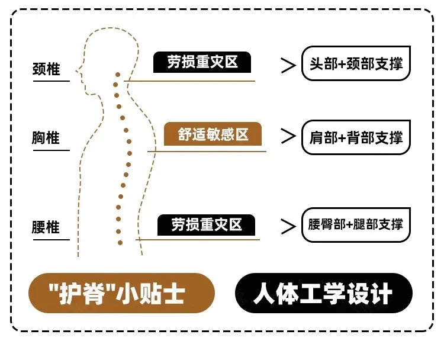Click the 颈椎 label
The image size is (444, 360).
click(46, 69)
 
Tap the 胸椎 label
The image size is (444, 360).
click(46, 137)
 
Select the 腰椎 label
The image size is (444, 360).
click(46, 227)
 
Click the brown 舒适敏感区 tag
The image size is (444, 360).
click(213, 134)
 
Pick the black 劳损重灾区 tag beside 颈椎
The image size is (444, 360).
click(202, 62)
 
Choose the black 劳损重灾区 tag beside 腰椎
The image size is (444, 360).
click(206, 225)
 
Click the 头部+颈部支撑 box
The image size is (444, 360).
click(356, 63)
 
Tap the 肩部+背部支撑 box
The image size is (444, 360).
click(356, 137)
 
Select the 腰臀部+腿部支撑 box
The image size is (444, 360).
click(356, 224)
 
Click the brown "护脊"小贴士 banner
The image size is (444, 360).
click(121, 293)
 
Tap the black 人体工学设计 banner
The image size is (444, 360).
click(324, 293)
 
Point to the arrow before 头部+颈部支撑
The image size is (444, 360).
click(288, 66)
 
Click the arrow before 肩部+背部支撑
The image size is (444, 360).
click(288, 136)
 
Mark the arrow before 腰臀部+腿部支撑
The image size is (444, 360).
click(288, 226)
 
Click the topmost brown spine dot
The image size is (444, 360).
click(118, 75)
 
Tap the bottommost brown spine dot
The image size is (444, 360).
click(120, 243)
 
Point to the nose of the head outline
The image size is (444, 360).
click(76, 71)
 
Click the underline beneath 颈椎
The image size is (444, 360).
click(52, 81)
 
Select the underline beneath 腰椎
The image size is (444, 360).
click(52, 240)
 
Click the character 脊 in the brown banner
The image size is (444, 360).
click(92, 293)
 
